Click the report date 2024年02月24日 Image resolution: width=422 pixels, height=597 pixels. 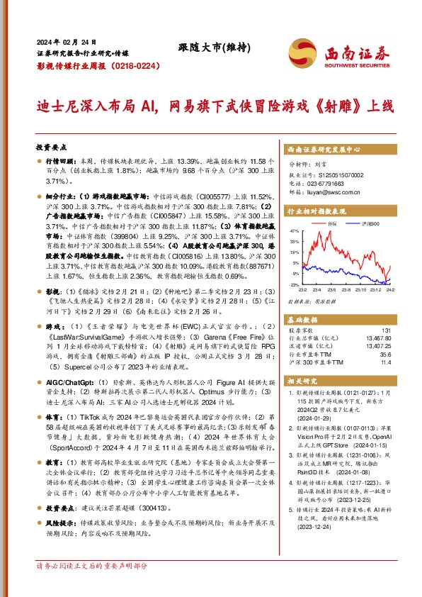tap(66, 41)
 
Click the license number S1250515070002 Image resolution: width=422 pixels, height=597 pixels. tap(337, 173)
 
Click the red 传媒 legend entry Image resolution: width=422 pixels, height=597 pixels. tap(331, 223)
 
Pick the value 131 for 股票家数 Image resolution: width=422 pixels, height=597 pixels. tap(406, 330)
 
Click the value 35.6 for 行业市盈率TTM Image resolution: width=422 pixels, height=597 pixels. tap(405, 354)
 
